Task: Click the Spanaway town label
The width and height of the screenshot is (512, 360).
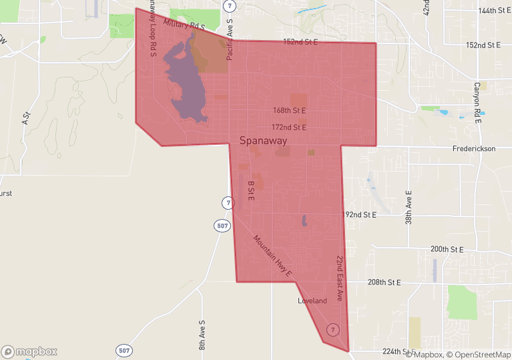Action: click(x=263, y=141)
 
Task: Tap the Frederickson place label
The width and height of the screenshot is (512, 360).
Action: click(x=473, y=149)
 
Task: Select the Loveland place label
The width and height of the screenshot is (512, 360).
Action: click(x=312, y=301)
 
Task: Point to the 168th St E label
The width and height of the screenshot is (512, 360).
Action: click(x=289, y=110)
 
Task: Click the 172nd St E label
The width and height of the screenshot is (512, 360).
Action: click(x=289, y=127)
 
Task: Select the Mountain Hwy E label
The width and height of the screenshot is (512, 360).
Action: click(x=272, y=255)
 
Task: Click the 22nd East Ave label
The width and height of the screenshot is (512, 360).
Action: click(x=339, y=278)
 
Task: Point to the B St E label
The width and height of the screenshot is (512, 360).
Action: click(x=251, y=191)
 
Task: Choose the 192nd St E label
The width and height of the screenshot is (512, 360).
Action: click(x=360, y=215)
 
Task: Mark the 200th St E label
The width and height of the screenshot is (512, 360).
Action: click(x=447, y=249)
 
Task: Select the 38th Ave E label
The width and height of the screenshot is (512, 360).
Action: click(x=409, y=207)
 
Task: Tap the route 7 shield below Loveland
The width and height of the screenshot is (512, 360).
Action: click(x=332, y=329)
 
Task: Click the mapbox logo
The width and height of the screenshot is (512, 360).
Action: click(x=29, y=351)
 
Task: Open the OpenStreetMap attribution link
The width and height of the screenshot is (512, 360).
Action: click(x=477, y=354)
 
